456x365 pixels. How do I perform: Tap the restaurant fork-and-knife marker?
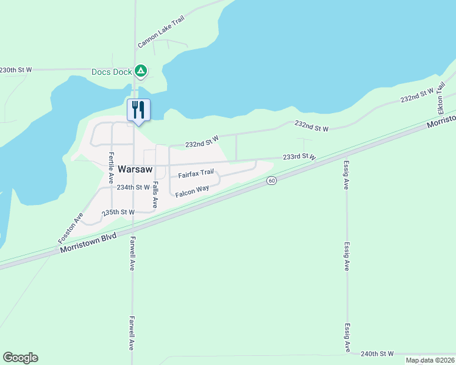(x=138, y=109)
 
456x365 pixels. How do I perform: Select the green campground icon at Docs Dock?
(x=141, y=71)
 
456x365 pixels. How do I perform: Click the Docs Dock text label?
(x=112, y=72)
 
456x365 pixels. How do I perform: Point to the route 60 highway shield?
(x=271, y=181)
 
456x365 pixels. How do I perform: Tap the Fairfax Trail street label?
(x=196, y=174)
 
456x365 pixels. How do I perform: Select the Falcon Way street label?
(x=192, y=192)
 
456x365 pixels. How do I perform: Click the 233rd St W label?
(x=299, y=157)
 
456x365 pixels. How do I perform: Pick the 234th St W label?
(x=133, y=187)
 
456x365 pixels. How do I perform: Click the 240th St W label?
(x=377, y=353)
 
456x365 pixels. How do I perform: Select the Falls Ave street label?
(x=155, y=195)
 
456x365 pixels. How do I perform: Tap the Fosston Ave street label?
(x=70, y=228)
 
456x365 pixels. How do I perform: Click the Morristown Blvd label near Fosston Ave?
(x=87, y=242)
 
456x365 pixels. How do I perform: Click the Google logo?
(x=20, y=358)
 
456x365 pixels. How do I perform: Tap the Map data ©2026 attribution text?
(x=429, y=360)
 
